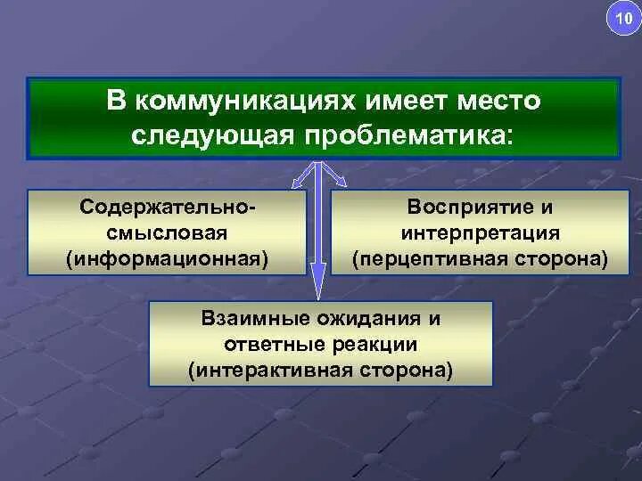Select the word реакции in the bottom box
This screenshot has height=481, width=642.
tap(382, 344)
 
